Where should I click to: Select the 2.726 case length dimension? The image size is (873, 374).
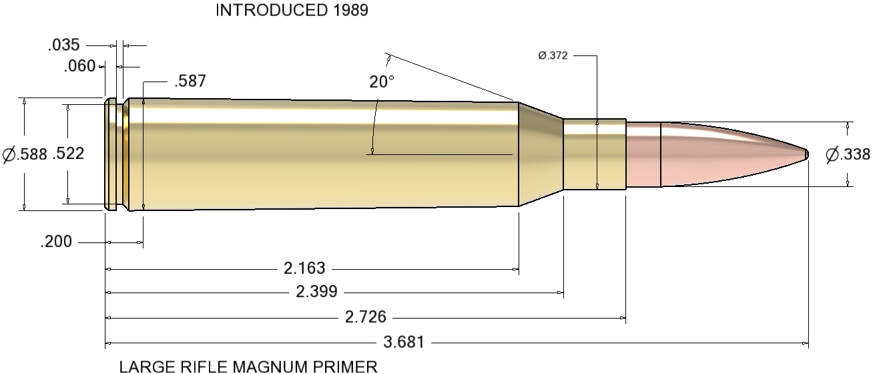[366, 317]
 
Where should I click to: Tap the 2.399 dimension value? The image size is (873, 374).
[317, 292]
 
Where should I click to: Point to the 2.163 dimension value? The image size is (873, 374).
[304, 268]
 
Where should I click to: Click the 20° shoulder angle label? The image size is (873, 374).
[382, 82]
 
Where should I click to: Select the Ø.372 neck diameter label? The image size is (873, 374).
[553, 56]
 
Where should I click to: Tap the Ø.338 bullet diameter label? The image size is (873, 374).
[848, 155]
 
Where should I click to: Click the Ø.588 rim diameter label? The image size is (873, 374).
[25, 155]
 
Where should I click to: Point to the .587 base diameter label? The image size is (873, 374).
[190, 81]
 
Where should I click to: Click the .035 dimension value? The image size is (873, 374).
[64, 45]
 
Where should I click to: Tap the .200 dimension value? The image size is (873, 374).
[57, 242]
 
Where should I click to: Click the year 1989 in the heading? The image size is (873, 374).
[349, 11]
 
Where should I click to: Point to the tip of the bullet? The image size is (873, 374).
[806, 154]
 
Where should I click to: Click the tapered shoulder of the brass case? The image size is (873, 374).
[541, 154]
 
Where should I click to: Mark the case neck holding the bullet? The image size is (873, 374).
[594, 154]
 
